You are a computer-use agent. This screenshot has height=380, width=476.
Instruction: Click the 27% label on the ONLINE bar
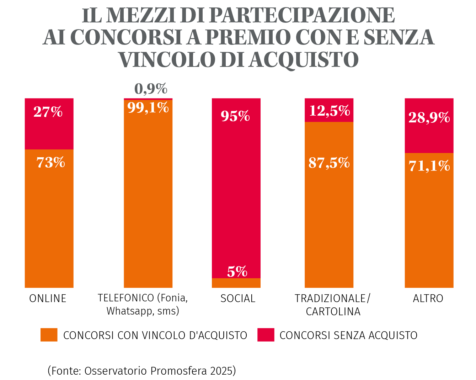click(48, 112)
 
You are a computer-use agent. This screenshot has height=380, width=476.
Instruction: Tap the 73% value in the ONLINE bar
click(51, 163)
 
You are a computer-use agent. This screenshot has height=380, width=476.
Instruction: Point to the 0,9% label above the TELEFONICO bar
click(151, 89)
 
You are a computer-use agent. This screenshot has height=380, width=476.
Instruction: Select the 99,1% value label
click(148, 107)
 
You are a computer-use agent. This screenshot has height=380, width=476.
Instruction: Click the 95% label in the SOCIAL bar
click(235, 116)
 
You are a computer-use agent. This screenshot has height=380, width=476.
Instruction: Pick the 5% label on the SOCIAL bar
click(237, 272)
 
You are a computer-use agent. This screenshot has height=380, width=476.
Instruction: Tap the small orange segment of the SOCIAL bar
click(236, 283)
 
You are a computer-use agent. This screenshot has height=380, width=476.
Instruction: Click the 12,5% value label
click(330, 111)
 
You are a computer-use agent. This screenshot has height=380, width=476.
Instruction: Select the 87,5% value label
click(329, 163)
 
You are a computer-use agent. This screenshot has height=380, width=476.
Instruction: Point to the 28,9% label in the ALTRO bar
click(429, 117)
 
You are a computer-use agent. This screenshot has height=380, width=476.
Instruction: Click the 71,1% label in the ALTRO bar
click(429, 166)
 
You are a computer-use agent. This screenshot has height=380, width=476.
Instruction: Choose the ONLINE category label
click(48, 299)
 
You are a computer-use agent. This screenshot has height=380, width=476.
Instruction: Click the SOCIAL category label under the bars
click(238, 299)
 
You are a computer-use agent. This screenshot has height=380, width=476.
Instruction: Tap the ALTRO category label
click(428, 299)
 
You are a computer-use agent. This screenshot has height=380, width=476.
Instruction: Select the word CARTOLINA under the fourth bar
click(333, 312)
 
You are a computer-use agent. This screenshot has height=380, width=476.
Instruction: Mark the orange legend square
click(49, 335)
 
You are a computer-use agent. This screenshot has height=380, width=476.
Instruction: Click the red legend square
click(266, 335)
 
